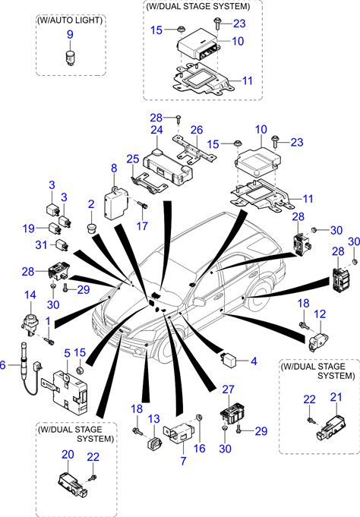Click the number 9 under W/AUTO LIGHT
point(70,35)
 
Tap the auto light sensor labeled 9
point(70,57)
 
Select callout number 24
point(156,130)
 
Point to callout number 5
point(68,353)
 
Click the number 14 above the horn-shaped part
point(30,295)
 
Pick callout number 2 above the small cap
point(91,204)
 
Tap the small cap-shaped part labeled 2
point(90,228)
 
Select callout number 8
point(114,168)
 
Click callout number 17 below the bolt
point(142,226)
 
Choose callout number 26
point(197,130)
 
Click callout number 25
point(133,159)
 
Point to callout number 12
point(320,314)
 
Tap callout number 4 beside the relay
point(254,361)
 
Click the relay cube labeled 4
point(229,359)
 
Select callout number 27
point(229,389)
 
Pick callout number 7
point(184,461)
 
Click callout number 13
point(153,419)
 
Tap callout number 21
point(336,397)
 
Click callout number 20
point(68,454)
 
